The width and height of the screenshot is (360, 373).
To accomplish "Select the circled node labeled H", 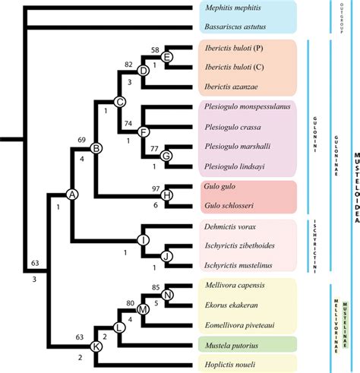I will point(168,195).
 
